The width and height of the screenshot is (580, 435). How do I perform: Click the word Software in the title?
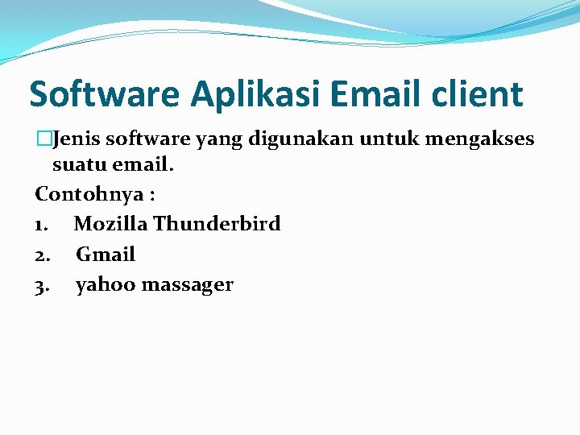click(105, 95)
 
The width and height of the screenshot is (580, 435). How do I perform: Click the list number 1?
click(42, 223)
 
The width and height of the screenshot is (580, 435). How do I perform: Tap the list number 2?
click(43, 255)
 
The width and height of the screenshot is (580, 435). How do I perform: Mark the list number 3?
click(43, 284)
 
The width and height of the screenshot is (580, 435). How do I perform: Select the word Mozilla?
click(110, 223)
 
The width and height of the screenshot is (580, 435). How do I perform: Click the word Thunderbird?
click(217, 223)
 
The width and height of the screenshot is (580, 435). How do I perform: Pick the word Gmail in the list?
click(106, 255)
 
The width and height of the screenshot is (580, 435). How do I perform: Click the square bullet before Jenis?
click(41, 139)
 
